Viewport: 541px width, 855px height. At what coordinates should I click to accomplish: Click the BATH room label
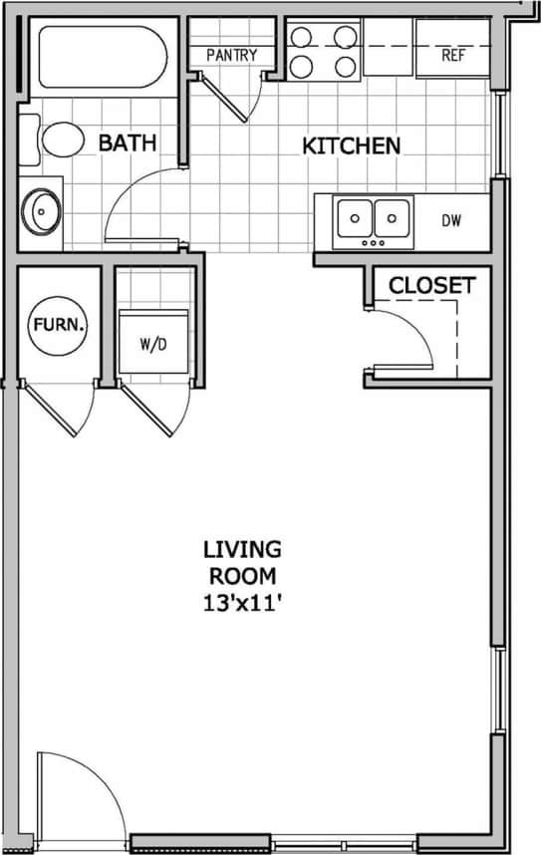point(127,142)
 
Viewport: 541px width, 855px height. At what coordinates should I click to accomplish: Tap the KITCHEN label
point(351,145)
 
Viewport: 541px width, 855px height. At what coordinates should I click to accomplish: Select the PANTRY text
point(231,56)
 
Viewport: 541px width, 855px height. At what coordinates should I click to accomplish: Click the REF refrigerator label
point(453,56)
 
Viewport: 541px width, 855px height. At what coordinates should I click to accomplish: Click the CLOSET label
point(431,285)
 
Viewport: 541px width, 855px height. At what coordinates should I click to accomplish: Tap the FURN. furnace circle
point(59,325)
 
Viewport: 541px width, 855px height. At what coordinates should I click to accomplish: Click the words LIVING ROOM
point(241,561)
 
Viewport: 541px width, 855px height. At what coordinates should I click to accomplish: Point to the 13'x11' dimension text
point(241,601)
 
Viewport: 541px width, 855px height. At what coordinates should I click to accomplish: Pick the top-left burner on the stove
point(300,39)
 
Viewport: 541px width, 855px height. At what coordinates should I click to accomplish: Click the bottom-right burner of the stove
point(345,67)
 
